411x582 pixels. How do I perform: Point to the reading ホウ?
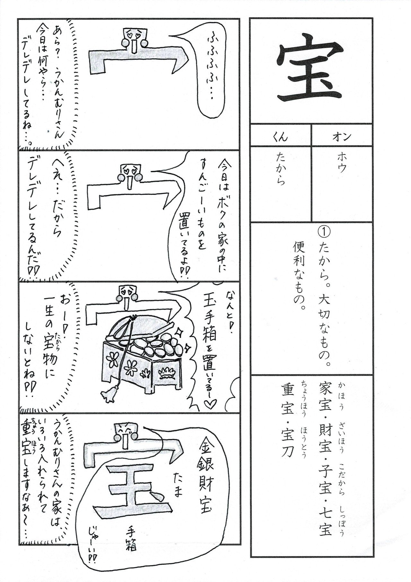click(x=341, y=164)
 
